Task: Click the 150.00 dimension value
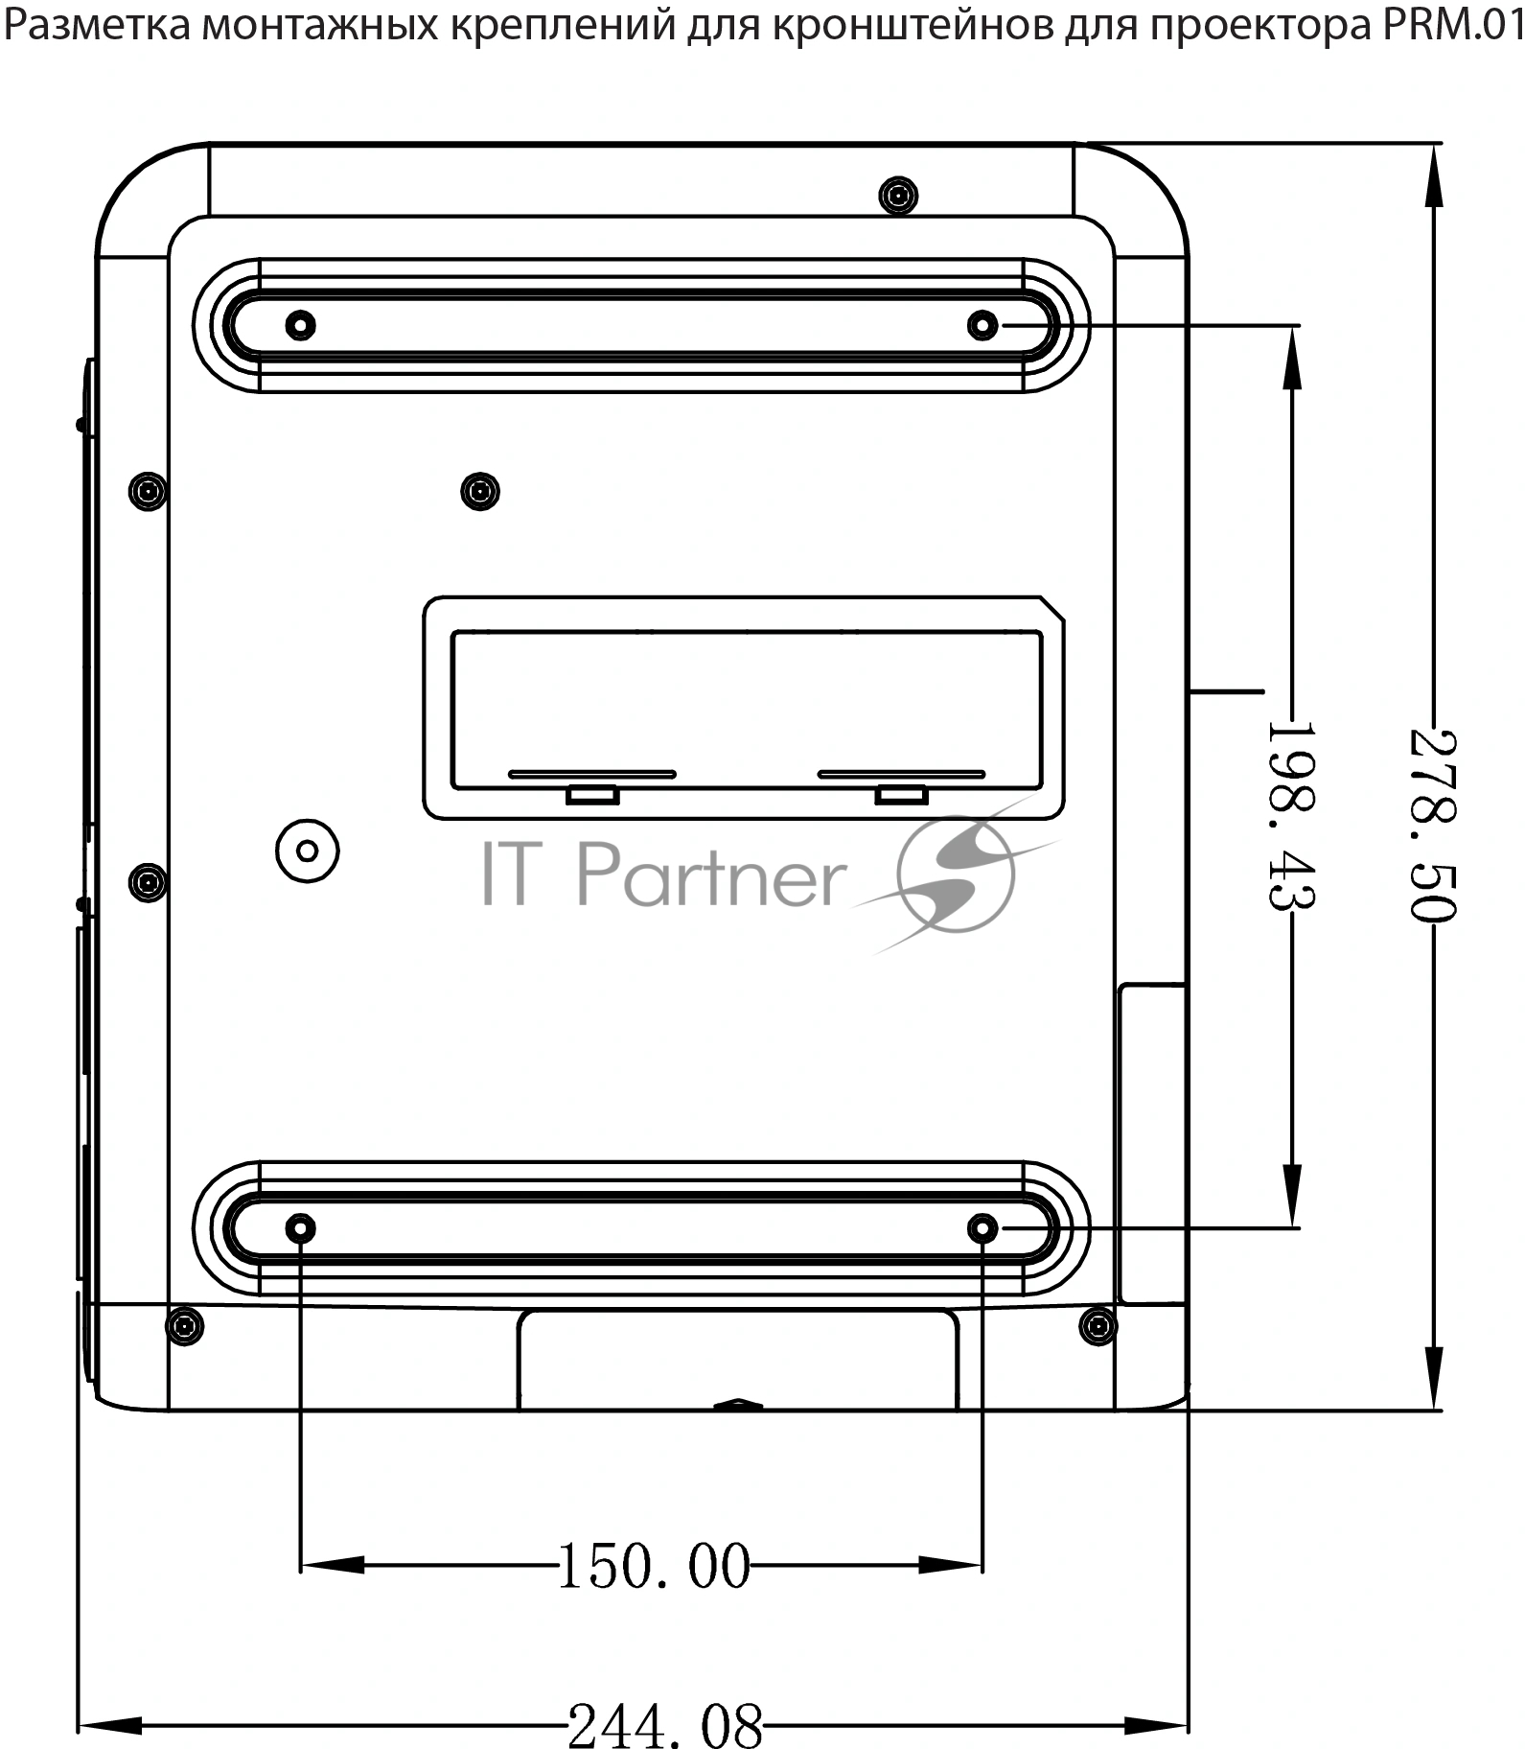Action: pos(654,1567)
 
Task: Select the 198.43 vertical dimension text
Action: pos(1291,815)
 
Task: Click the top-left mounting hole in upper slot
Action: pos(301,325)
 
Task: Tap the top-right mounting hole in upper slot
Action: pos(982,325)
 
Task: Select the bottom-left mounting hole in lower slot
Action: pos(301,1228)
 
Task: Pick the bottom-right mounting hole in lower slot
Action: pos(982,1228)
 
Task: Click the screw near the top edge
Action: pos(898,196)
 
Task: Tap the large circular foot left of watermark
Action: pos(308,851)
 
